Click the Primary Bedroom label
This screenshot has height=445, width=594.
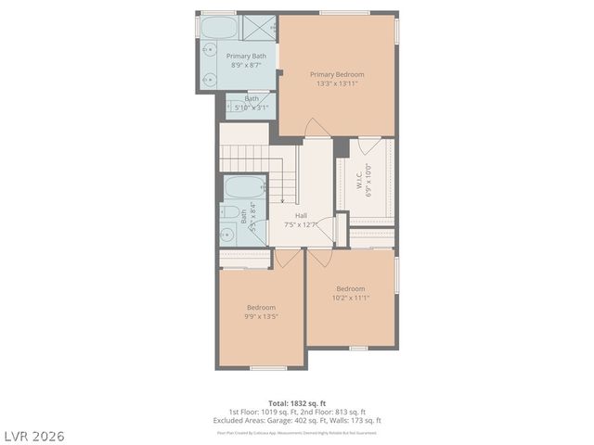click(337, 74)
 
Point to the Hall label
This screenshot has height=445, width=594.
click(302, 215)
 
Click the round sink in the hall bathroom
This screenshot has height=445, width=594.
click(228, 235)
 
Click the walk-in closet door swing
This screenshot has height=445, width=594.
click(369, 146)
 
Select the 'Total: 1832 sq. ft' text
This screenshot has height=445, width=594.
click(298, 403)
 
